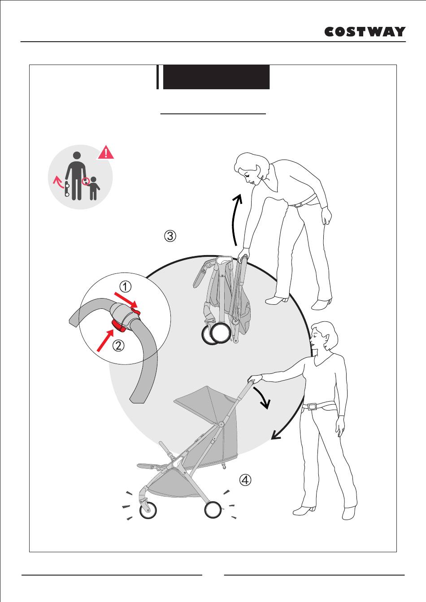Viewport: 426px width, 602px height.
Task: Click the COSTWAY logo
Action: (x=365, y=32)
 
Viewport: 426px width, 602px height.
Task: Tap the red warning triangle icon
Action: (x=106, y=152)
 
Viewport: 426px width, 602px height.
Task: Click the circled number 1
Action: (x=125, y=287)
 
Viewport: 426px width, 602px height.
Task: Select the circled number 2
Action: (x=118, y=345)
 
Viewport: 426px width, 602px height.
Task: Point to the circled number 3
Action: (x=170, y=236)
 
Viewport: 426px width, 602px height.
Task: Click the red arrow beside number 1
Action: (x=126, y=300)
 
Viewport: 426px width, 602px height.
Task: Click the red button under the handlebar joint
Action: (x=118, y=326)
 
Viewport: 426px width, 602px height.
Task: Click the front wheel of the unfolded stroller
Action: (x=148, y=517)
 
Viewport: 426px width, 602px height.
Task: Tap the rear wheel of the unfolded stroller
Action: (x=213, y=516)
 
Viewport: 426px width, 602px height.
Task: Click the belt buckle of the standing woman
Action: (x=313, y=406)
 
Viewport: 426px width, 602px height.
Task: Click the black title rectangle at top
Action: (x=216, y=77)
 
